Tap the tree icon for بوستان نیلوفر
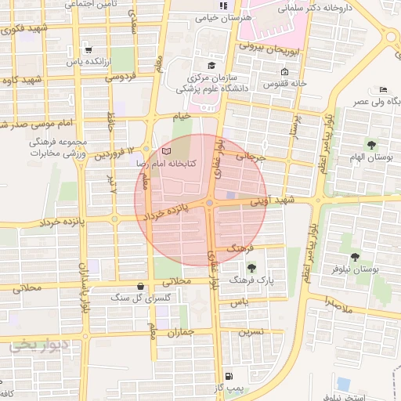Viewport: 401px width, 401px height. [x=355, y=257]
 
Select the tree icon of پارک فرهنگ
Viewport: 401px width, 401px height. [x=251, y=268]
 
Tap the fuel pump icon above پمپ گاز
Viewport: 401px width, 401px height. [x=228, y=375]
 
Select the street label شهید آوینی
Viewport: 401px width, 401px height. [x=269, y=200]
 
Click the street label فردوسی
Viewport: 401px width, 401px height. [x=121, y=77]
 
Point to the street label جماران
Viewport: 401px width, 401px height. [x=180, y=332]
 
